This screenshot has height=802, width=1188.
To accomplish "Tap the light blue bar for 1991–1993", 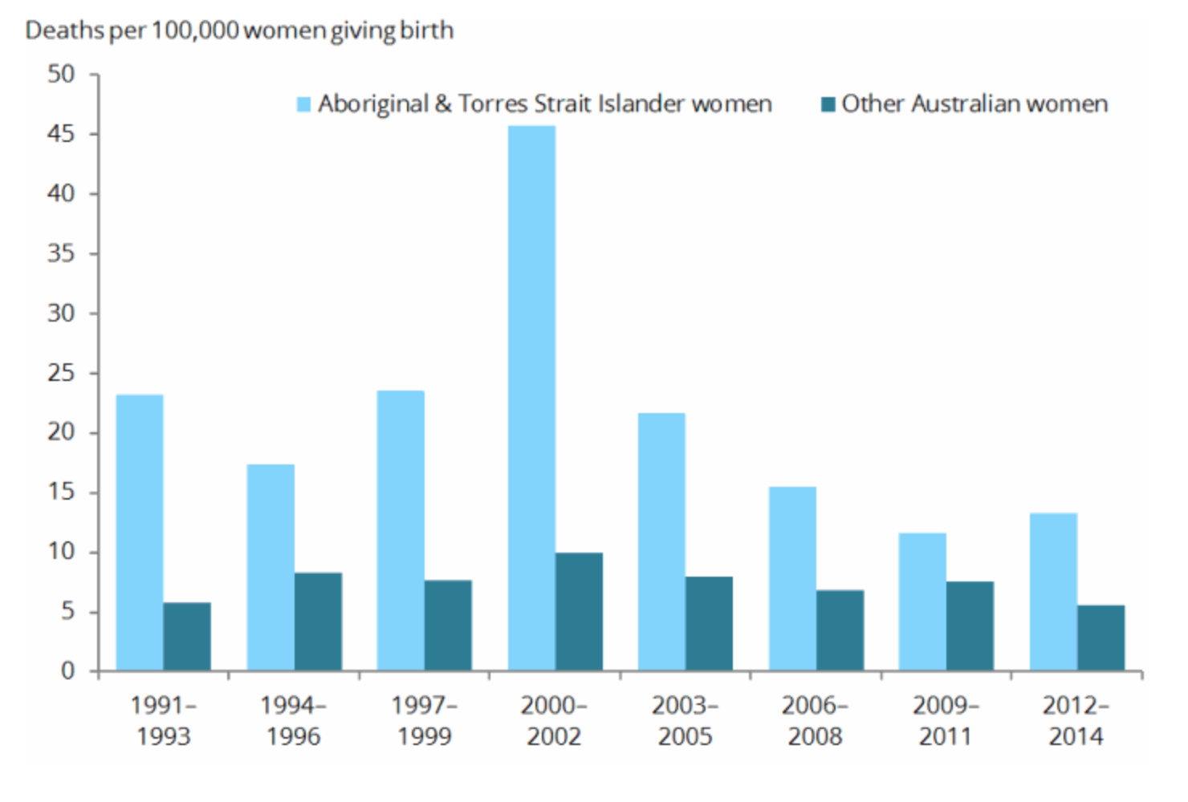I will [x=140, y=533].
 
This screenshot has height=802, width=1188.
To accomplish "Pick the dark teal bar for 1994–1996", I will [x=318, y=622].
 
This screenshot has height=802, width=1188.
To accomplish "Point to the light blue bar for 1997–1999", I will [x=401, y=530].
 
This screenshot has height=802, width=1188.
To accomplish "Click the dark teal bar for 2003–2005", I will [x=709, y=623].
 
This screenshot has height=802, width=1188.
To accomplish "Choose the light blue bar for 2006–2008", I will [x=792, y=578].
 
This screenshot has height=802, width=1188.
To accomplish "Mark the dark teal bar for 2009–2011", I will [x=970, y=626].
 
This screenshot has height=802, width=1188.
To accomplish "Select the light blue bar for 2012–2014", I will [x=1053, y=591].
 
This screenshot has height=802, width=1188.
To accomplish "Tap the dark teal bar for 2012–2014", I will [x=1101, y=638].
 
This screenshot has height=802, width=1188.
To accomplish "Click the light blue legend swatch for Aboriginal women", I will [x=303, y=104].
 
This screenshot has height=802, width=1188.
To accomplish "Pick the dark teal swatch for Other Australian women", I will [x=828, y=104].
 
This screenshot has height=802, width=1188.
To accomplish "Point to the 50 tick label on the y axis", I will [x=61, y=75].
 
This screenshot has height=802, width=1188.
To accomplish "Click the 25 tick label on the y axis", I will [x=61, y=373].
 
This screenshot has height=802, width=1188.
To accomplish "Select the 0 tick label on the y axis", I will [x=68, y=670].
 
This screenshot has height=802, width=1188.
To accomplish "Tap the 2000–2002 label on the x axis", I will [x=554, y=720].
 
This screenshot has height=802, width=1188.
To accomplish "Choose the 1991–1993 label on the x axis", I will [x=163, y=720].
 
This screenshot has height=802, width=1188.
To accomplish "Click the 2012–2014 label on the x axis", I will [x=1076, y=720].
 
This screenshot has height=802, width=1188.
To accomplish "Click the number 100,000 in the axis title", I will [x=195, y=30].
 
